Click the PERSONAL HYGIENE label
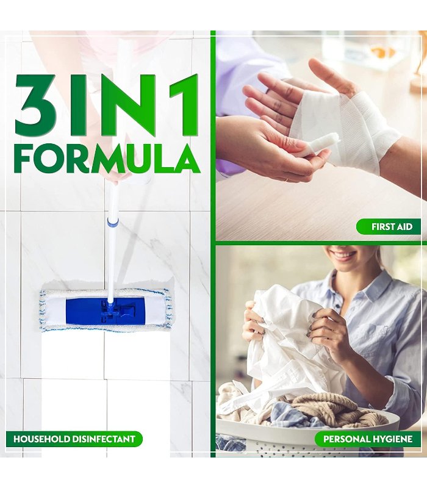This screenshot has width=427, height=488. pyautogui.click(x=368, y=439)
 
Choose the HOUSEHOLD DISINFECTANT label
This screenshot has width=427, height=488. pyautogui.click(x=74, y=439)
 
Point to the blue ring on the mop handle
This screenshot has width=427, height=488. pyautogui.click(x=113, y=221)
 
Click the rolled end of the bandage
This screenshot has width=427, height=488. pyautogui.click(x=326, y=145)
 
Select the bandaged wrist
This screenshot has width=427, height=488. pyautogui.click(x=373, y=134)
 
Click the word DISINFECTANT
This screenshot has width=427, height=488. pyautogui.click(x=104, y=439)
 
